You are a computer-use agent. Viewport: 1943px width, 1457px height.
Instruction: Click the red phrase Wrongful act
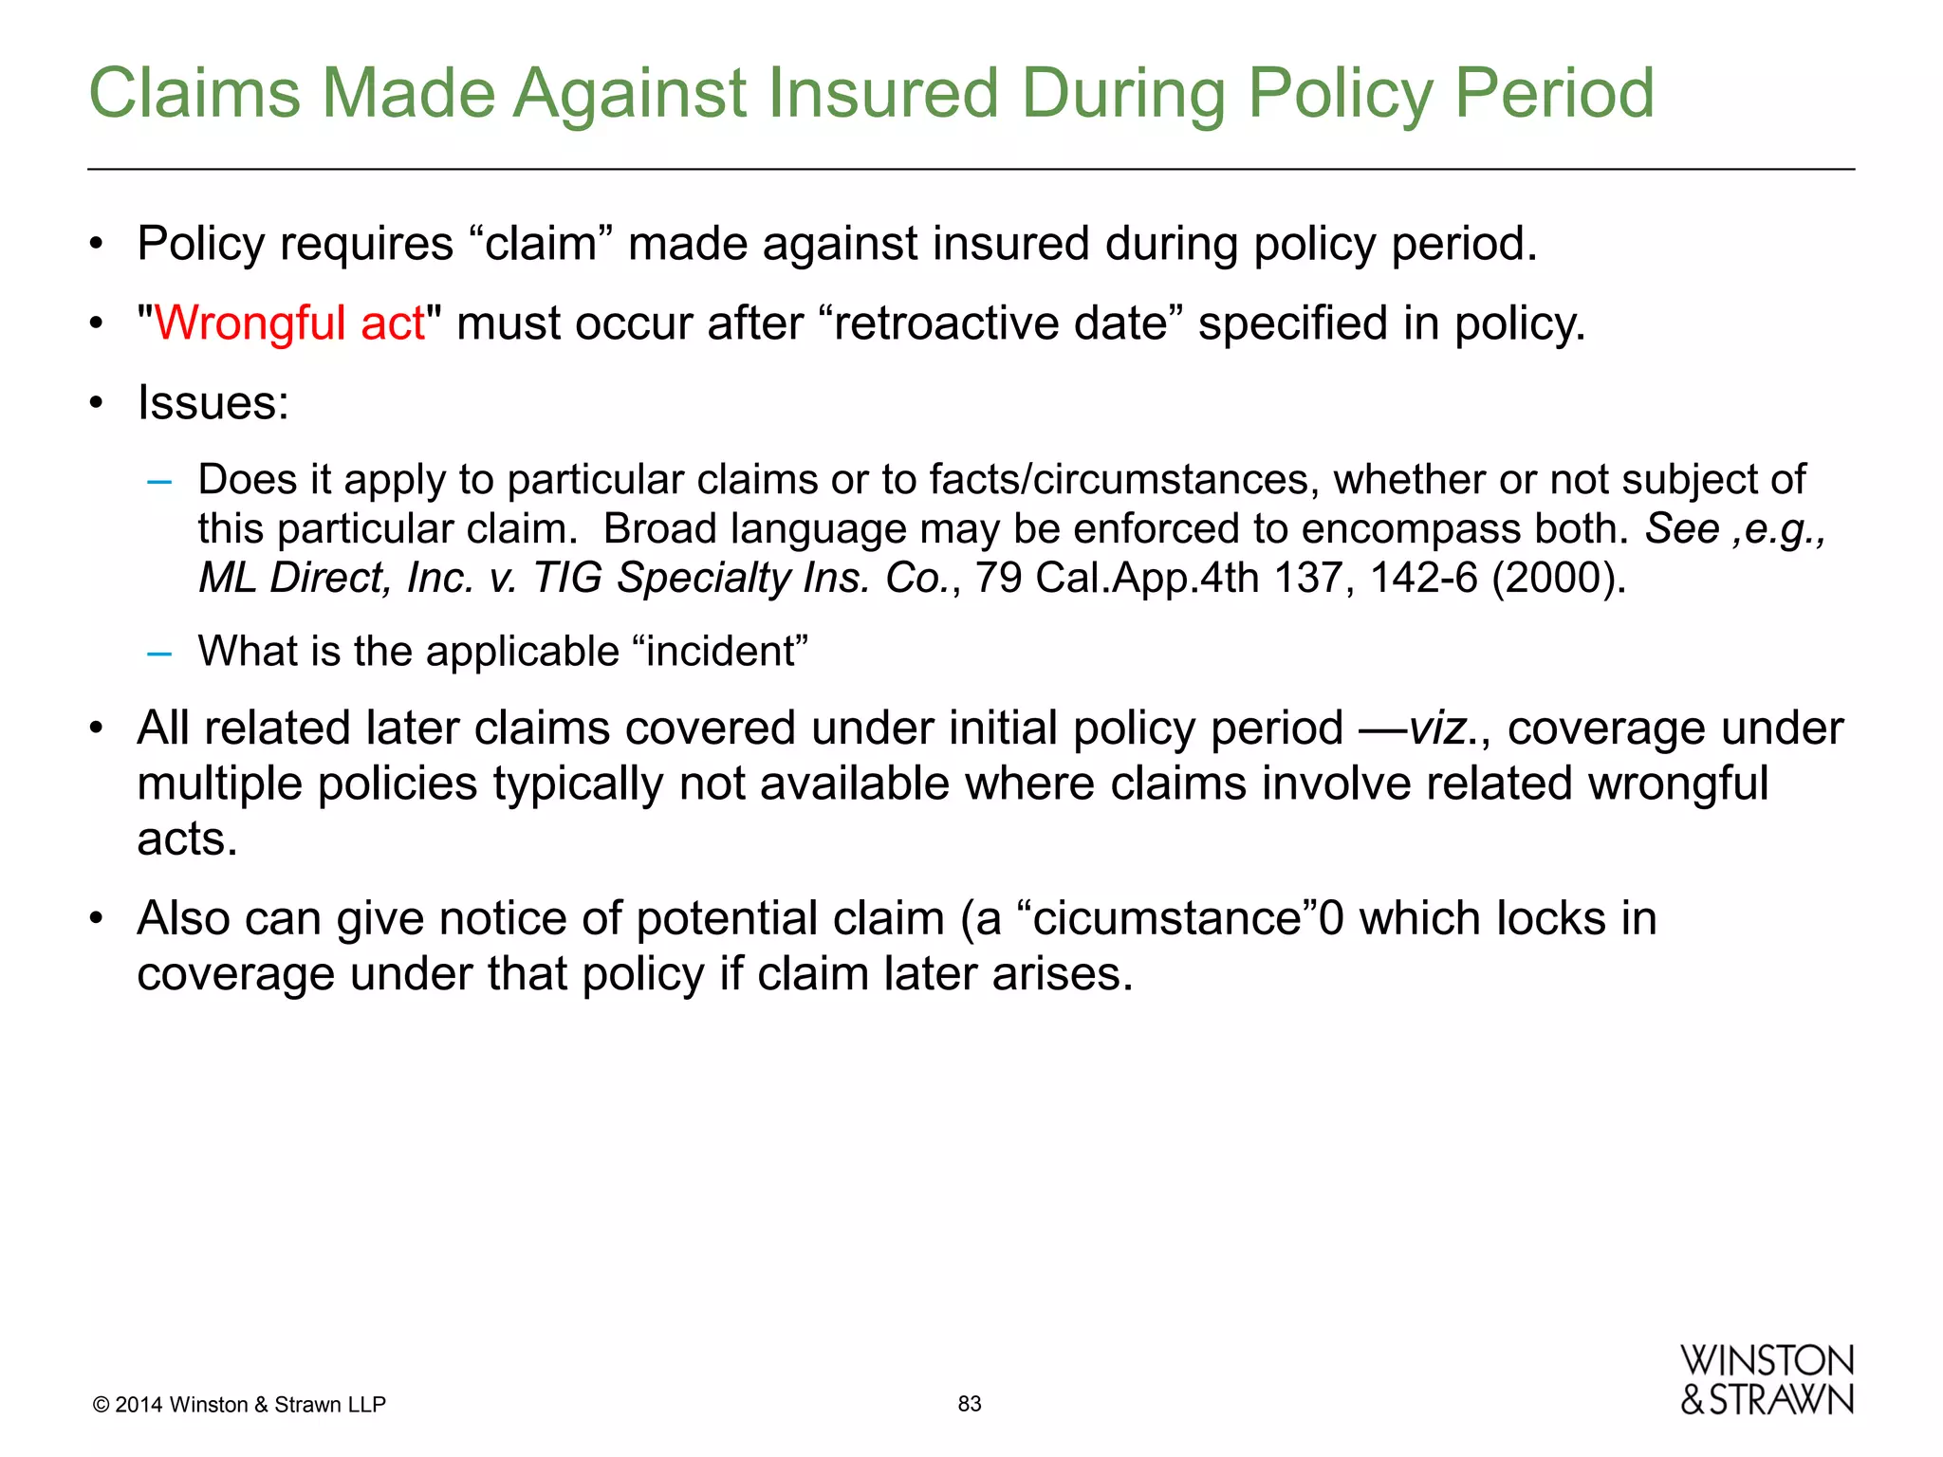pos(289,323)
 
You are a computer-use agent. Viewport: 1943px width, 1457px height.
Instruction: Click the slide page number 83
pos(969,1404)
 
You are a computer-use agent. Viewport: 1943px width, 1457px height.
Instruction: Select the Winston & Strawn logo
pos(1767,1381)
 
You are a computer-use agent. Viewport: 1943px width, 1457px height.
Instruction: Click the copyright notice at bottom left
pos(239,1405)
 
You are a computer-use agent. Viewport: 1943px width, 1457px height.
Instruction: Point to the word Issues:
pos(213,403)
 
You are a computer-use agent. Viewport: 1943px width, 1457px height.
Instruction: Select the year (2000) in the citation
pos(1559,578)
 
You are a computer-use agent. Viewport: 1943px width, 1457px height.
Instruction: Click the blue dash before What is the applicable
pos(159,654)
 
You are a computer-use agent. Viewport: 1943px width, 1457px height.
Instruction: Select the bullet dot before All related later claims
pos(96,729)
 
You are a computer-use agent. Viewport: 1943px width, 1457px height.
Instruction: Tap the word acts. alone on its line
pos(187,839)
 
